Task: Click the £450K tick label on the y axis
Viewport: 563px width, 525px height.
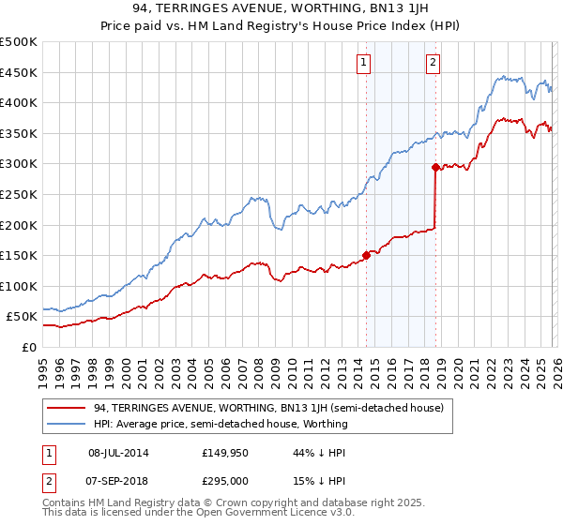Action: tap(18, 72)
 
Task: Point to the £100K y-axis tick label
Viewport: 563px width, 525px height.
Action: tap(18, 286)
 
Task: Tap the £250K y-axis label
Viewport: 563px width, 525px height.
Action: tap(18, 194)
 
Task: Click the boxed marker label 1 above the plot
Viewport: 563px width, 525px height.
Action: tap(363, 63)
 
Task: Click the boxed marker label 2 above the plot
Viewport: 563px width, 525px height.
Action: tap(433, 63)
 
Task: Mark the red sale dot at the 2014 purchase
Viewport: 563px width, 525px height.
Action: tap(366, 255)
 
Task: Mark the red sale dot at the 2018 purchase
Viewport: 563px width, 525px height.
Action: tap(435, 168)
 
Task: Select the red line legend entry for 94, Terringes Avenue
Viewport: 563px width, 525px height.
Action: tap(272, 407)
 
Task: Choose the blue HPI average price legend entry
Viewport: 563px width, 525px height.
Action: tap(221, 424)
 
